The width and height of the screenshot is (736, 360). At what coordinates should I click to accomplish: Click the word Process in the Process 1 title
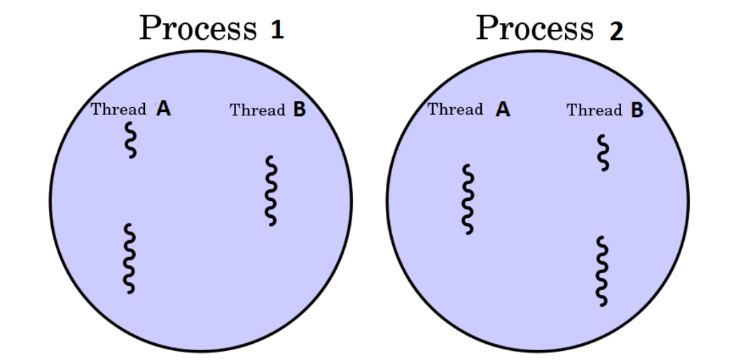click(x=198, y=29)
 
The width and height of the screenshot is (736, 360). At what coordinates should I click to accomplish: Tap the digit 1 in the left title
click(x=277, y=31)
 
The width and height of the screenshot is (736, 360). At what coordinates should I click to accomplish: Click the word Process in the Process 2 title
click(x=535, y=29)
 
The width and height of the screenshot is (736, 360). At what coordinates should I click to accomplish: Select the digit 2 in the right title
click(x=616, y=31)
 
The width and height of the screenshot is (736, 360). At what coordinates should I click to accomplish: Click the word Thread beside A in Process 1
click(x=118, y=109)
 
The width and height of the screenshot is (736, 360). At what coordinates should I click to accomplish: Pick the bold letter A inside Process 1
click(x=163, y=109)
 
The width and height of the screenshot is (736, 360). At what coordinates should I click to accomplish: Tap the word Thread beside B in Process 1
click(x=257, y=110)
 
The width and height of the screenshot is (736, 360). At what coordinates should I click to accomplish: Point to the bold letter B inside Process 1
click(x=299, y=110)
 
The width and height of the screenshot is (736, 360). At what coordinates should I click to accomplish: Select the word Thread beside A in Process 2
click(x=455, y=109)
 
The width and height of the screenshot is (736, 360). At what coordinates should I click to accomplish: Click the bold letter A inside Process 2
click(x=503, y=110)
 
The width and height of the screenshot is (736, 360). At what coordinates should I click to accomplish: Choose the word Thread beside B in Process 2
click(x=594, y=110)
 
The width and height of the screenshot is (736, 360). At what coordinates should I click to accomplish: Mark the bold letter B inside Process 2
click(x=637, y=110)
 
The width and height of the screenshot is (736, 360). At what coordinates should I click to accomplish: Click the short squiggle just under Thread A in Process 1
click(x=130, y=140)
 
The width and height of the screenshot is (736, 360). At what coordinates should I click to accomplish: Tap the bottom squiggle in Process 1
click(x=129, y=258)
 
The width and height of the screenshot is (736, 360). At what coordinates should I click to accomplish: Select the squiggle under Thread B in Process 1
click(x=271, y=191)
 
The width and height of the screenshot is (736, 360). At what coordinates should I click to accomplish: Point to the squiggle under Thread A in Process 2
click(x=467, y=199)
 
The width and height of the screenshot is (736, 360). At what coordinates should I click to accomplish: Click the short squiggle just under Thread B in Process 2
click(x=602, y=153)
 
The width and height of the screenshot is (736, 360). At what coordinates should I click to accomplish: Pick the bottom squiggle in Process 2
click(x=602, y=271)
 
